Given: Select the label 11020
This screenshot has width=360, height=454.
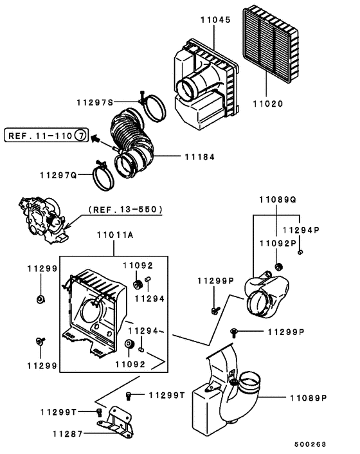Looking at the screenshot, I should (267, 120).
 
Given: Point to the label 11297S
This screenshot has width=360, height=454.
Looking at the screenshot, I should (94, 103).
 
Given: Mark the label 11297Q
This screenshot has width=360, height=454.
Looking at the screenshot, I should (57, 175).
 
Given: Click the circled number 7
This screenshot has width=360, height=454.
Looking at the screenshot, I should (80, 136).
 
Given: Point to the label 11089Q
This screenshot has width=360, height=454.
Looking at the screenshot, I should (277, 199).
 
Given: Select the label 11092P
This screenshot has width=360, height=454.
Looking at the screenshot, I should (278, 243).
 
